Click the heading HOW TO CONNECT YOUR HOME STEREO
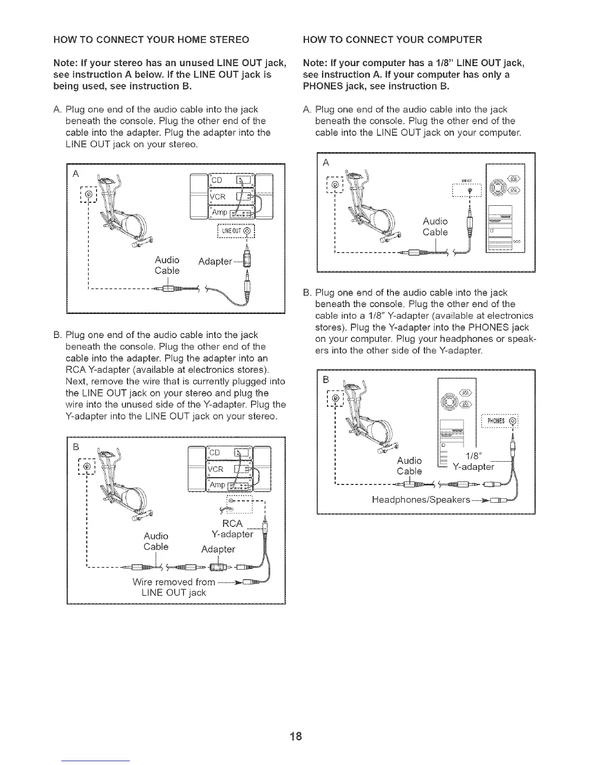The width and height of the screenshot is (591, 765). [151, 39]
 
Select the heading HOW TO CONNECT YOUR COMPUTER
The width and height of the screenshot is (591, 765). [392, 39]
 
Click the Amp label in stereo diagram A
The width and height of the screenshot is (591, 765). [218, 213]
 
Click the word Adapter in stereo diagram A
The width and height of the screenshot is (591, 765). [215, 262]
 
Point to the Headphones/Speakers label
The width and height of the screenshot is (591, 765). [421, 500]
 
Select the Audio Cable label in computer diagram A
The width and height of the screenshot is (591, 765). [435, 227]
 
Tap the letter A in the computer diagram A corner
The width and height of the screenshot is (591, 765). [326, 163]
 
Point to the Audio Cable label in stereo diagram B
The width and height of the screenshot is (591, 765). [156, 541]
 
